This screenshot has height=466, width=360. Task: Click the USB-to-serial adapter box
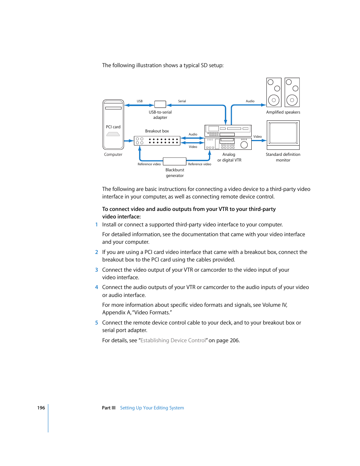(160, 104)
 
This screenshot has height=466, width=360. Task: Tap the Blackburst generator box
(174, 161)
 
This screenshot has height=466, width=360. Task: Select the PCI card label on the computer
(113, 127)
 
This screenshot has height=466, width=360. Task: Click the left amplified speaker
(274, 92)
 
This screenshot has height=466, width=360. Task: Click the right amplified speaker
(292, 92)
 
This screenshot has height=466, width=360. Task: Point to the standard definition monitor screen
(283, 133)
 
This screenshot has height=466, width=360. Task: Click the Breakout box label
(157, 131)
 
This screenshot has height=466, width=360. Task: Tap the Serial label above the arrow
(182, 101)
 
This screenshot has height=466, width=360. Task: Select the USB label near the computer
(140, 101)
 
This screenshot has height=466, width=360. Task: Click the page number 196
(41, 408)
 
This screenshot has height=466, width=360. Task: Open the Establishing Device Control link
(173, 340)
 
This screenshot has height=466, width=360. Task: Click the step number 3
(97, 270)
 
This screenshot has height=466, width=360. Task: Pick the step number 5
(97, 323)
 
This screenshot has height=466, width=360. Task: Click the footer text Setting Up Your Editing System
(152, 408)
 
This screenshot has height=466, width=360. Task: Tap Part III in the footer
(109, 408)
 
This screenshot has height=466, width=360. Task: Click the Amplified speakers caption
(283, 112)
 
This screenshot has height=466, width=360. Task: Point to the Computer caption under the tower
(113, 154)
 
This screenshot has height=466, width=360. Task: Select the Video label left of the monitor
(257, 137)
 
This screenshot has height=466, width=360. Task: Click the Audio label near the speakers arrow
(250, 101)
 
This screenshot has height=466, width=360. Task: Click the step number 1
(97, 225)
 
